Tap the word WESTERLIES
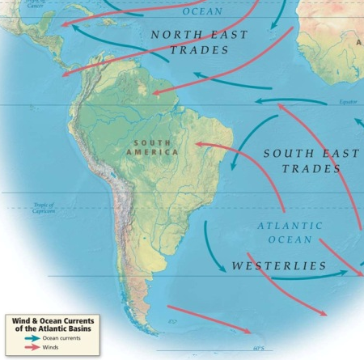tap(279, 265)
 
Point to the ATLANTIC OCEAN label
tap(290, 233)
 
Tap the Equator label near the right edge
tap(349, 103)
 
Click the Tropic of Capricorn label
tap(43, 209)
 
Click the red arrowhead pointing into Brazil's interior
tap(198, 146)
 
